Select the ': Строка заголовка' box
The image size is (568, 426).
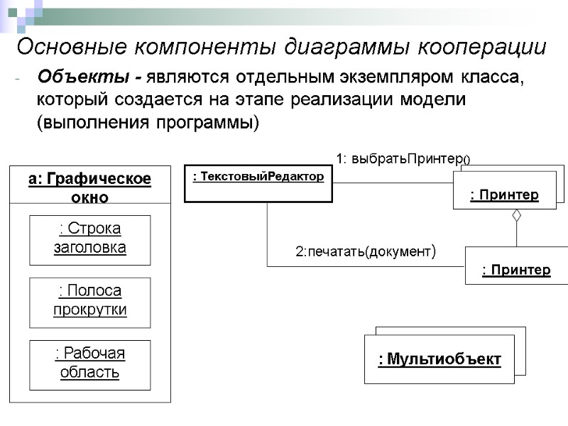pos(89,238)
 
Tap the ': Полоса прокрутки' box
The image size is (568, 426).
pos(89,300)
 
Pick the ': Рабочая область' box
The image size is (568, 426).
pos(89,363)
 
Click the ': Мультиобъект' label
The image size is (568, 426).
pos(439,360)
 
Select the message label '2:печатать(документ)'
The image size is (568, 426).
pos(364,251)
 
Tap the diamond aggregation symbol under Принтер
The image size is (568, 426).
pos(517,216)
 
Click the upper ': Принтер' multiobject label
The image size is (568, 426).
pos(504,195)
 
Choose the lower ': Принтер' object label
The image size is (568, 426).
pos(516,270)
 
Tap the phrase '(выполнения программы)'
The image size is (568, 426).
pos(148,122)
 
